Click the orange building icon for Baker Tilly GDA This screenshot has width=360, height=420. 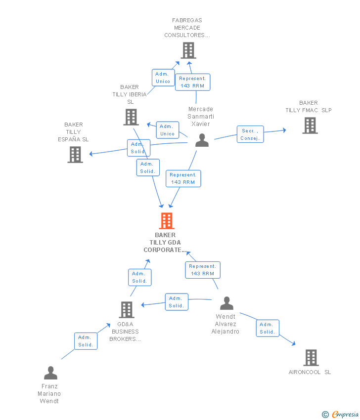167,221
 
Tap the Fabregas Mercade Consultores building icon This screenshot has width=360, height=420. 188,50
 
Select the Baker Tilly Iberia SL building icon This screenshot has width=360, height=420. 131,117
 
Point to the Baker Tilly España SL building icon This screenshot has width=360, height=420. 75,155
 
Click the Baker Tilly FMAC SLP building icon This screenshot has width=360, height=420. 310,126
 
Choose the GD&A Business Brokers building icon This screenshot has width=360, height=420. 127,310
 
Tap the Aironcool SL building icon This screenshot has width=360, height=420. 311,357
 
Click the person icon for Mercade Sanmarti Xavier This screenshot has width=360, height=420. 202,140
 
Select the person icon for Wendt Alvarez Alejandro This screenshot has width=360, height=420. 226,303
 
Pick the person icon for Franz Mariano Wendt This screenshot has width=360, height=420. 50,373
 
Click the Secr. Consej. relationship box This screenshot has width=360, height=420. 250,134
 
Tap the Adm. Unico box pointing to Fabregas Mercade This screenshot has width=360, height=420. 163,78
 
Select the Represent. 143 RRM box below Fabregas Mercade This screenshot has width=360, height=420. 192,82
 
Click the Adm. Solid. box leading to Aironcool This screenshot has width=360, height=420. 268,328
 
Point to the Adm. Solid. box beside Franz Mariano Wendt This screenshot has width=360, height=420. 86,341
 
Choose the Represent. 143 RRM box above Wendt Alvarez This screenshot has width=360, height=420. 202,270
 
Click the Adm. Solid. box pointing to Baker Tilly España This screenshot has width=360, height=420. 138,148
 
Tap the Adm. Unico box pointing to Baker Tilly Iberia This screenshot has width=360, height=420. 167,130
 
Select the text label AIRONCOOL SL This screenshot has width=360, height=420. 310,372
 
